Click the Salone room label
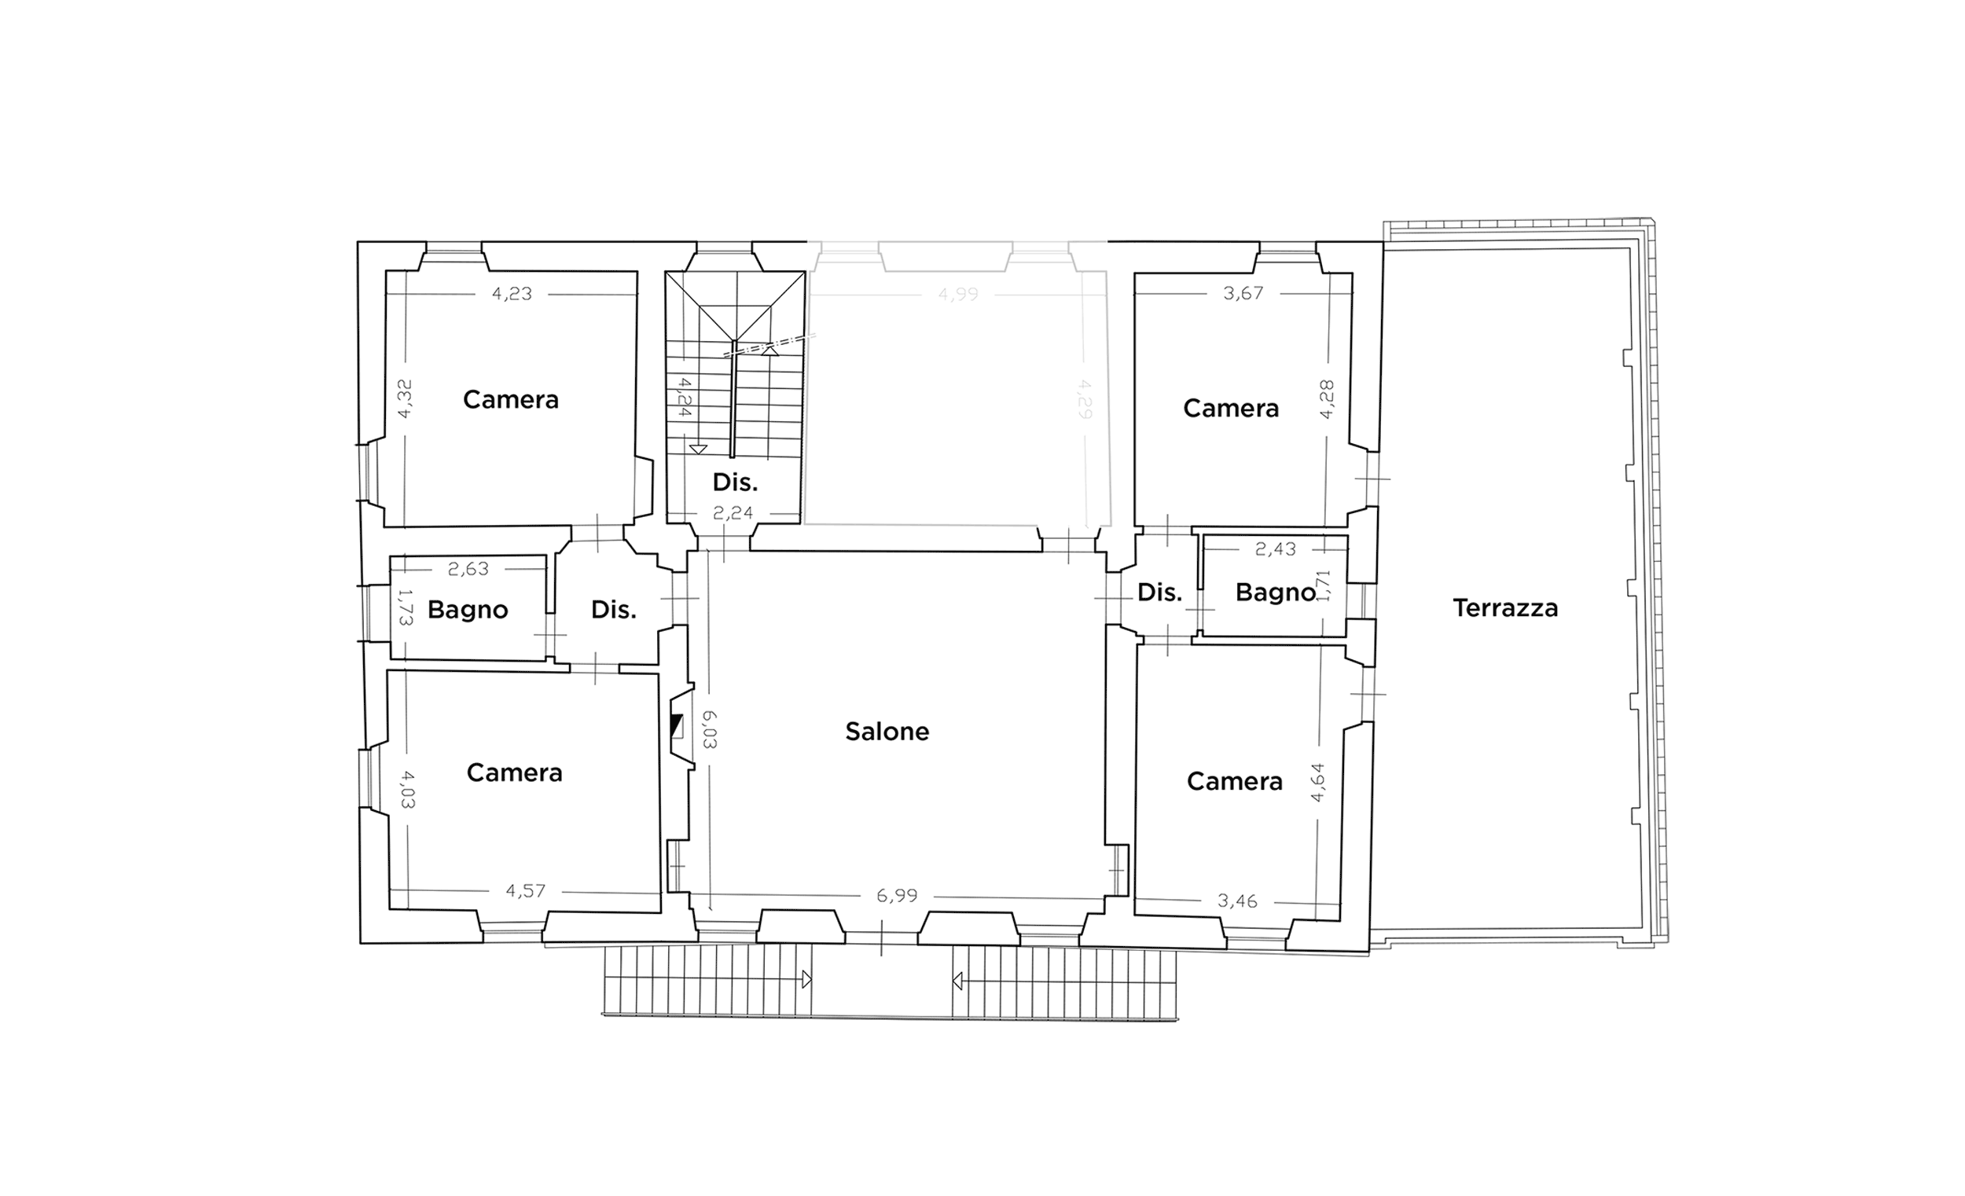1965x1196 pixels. coord(887,731)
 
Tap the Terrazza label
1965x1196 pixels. coord(1505,608)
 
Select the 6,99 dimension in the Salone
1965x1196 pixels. coord(896,895)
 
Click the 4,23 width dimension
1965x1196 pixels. coord(511,293)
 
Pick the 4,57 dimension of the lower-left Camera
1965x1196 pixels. coord(526,890)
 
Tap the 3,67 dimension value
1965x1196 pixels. coord(1243,293)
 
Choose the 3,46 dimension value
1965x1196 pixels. coord(1238,901)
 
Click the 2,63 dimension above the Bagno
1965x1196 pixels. coord(468,568)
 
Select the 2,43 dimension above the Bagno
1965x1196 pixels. coord(1275,548)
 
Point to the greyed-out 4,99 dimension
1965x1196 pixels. coord(958,294)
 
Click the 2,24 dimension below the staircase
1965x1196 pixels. coord(733,512)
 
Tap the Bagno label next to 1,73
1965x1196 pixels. coord(468,610)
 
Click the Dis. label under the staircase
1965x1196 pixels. coord(734,482)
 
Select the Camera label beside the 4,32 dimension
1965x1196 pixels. coord(510,399)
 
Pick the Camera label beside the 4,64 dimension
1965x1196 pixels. coord(1235,781)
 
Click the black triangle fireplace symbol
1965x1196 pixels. coord(676,725)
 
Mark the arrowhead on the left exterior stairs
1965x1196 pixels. coord(806,979)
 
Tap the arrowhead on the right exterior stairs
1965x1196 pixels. coord(958,980)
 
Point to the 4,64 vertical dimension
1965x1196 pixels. coord(1317,782)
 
